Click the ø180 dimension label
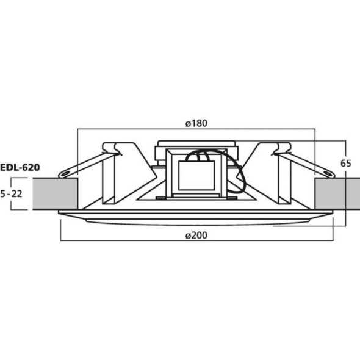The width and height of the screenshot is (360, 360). pos(196,123)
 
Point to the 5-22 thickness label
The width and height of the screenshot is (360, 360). pos(12,193)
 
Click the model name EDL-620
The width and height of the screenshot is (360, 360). pos(20,165)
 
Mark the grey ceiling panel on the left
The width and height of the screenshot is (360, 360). pos(56,193)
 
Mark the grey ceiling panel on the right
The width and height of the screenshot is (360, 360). pos(336,193)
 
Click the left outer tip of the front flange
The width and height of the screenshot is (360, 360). pos(60,212)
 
